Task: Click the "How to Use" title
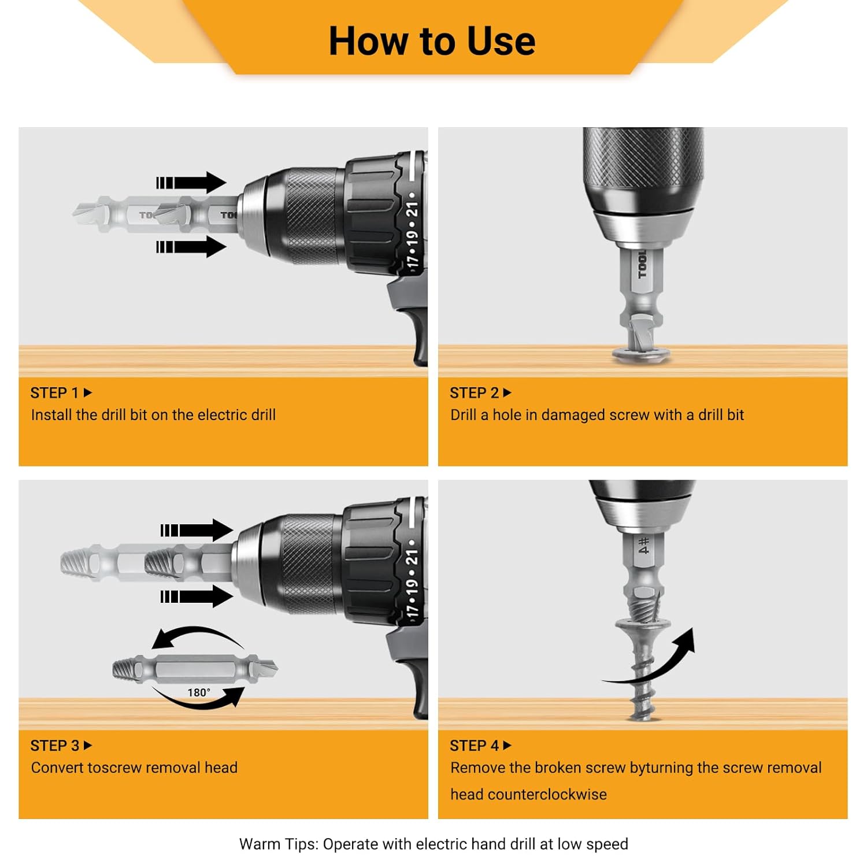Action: pyautogui.click(x=432, y=41)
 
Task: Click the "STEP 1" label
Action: pyautogui.click(x=54, y=393)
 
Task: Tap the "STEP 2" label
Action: pyautogui.click(x=474, y=393)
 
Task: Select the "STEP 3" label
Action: pyautogui.click(x=55, y=746)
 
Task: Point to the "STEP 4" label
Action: pyautogui.click(x=475, y=746)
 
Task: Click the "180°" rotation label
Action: pyautogui.click(x=199, y=692)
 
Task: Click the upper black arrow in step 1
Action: pyautogui.click(x=191, y=183)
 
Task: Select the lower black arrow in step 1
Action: pyautogui.click(x=191, y=247)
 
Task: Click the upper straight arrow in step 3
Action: pyautogui.click(x=197, y=530)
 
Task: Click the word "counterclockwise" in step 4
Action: pyautogui.click(x=547, y=795)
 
